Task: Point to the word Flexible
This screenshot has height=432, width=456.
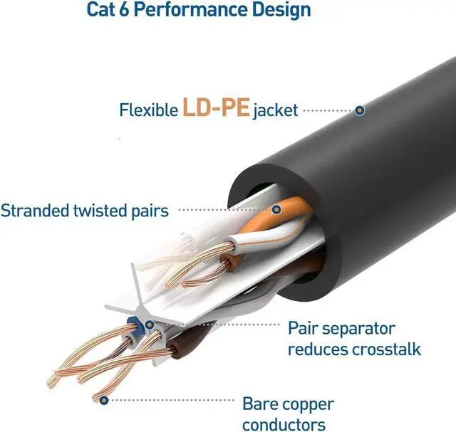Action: point(148,110)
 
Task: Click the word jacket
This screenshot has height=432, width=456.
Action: point(274,111)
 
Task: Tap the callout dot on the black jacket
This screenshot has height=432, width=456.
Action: point(360,110)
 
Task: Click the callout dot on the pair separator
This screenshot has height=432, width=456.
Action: point(150,326)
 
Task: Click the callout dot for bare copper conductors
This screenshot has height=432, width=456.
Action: point(105,399)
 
